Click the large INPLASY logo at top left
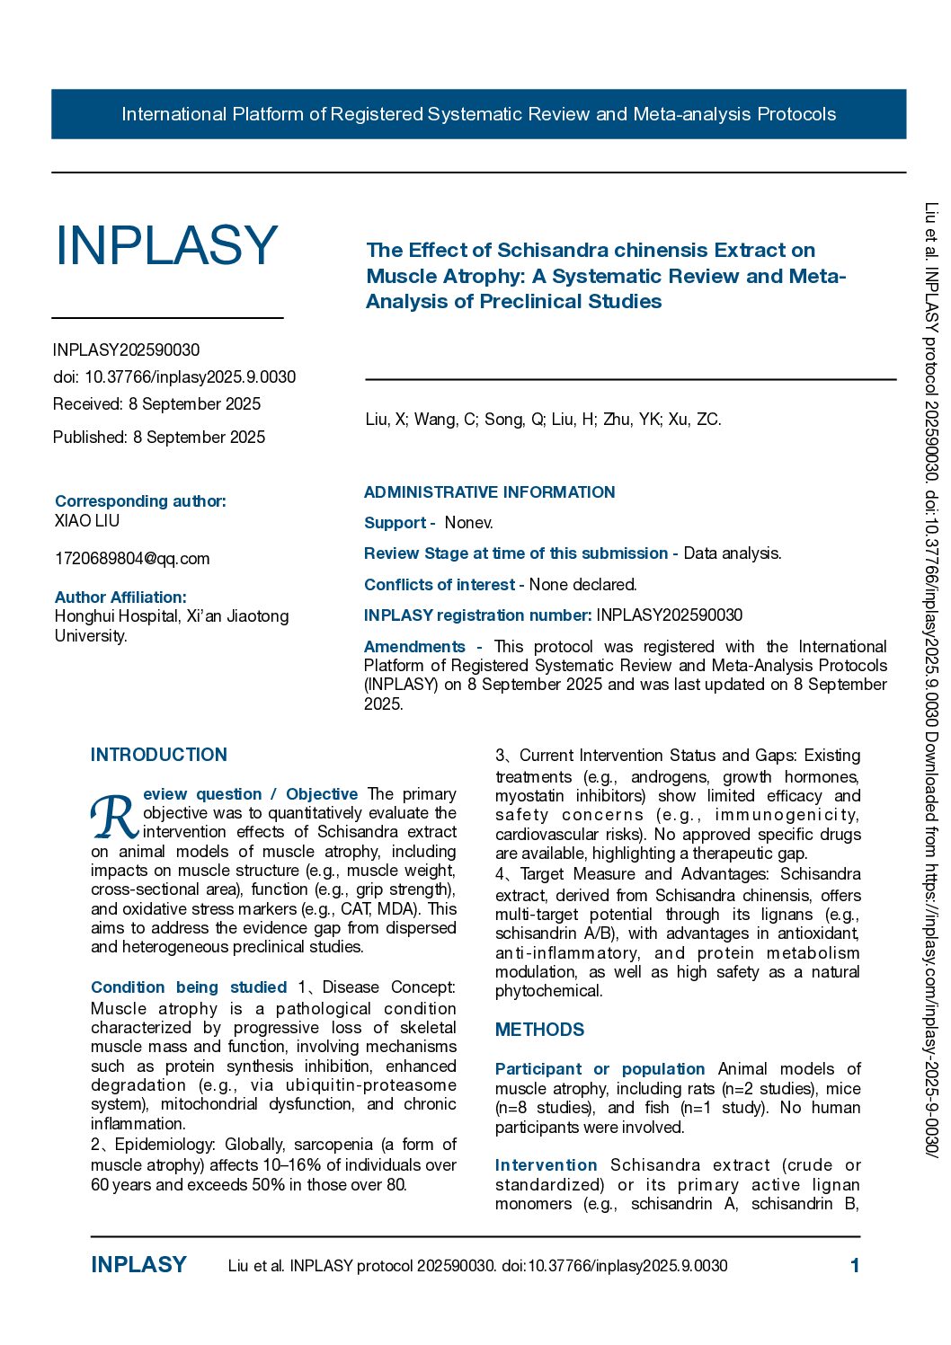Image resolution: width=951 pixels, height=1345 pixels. (x=166, y=245)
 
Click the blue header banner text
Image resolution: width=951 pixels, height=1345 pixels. (x=478, y=114)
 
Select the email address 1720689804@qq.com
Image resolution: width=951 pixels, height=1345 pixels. (x=132, y=559)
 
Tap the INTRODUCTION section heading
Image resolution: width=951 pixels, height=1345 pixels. (x=159, y=755)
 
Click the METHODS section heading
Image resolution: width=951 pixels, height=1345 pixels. (x=539, y=1030)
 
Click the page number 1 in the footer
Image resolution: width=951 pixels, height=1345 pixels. (x=855, y=1266)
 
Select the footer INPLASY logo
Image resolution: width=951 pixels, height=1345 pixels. (x=138, y=1265)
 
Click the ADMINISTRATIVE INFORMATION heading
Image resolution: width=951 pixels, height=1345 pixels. (x=489, y=492)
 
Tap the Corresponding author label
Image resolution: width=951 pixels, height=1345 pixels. (x=140, y=501)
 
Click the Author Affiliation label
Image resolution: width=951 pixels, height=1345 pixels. (x=120, y=597)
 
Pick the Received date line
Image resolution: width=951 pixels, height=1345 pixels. (x=156, y=404)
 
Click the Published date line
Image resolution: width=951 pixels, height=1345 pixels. (x=159, y=438)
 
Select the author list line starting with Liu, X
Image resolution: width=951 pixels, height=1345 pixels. (x=543, y=420)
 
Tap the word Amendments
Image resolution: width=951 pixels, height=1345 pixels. (x=414, y=647)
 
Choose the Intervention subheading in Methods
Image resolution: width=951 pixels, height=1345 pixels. (x=546, y=1165)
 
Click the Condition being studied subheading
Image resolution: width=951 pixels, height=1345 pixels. (x=189, y=987)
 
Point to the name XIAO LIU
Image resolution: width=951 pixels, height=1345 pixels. (x=87, y=521)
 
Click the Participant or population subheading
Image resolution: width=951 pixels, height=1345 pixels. (x=600, y=1069)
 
